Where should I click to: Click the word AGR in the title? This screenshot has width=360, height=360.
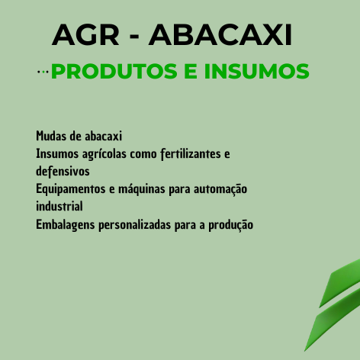point(85,34)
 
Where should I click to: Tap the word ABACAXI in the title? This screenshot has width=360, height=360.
point(220,34)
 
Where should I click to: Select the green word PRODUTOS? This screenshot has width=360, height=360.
point(114,71)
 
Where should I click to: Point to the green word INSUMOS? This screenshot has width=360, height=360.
point(257,71)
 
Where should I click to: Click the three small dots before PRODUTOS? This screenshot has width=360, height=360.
point(43,72)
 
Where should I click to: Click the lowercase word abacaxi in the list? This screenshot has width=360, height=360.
point(104,136)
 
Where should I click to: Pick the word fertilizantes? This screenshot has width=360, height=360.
point(191,154)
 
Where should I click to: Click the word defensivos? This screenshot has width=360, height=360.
point(63,171)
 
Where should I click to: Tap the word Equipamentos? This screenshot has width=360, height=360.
point(71,189)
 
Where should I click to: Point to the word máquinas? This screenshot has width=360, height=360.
point(142,189)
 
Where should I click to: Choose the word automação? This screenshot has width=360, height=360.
point(220,189)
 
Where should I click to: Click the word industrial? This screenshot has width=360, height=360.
point(59,206)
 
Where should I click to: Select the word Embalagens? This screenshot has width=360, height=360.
point(66,225)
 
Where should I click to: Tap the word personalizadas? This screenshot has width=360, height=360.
point(134,225)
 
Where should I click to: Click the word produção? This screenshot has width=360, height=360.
point(231,225)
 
